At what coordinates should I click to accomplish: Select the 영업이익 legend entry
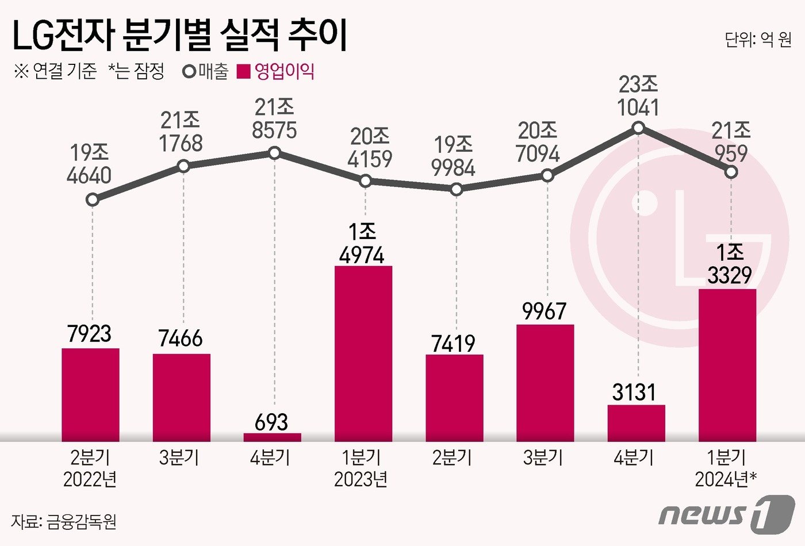coord(277,72)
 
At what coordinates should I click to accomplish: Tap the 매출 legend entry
coord(205,72)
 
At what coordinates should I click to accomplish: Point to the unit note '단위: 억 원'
coord(757,40)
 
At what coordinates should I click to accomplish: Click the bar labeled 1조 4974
coord(363,353)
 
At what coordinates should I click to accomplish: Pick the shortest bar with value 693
coord(273,437)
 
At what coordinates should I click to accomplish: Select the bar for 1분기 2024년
coord(727,365)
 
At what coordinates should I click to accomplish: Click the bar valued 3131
coord(637,423)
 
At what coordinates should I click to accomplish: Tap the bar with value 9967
coord(545,383)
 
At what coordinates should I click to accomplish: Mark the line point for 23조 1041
coord(638,128)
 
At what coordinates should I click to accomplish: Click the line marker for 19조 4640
coord(92,200)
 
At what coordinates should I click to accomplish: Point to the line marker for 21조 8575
coord(274,153)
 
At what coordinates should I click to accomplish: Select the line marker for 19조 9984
coord(456,189)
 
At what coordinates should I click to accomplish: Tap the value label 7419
coord(454,344)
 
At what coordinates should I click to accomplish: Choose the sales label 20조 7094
coord(538,143)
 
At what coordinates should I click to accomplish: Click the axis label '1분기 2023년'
coord(361,468)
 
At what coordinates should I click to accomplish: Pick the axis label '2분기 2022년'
coord(90,468)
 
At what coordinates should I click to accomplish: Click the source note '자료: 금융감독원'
coord(64,521)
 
